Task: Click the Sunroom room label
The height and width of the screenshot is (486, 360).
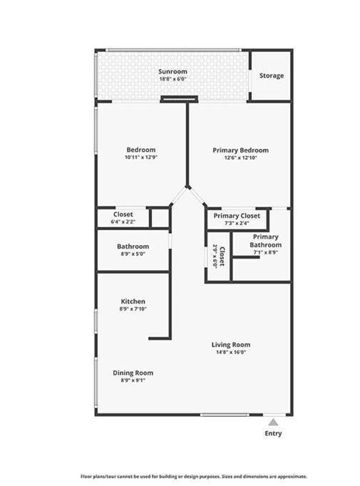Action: pos(172,72)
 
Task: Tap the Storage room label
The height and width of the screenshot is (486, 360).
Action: pos(271,76)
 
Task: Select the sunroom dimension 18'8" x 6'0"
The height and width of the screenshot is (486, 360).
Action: pos(172,79)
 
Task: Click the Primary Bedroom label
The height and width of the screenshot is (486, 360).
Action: pos(241,150)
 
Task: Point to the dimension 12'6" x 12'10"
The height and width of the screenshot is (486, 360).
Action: pos(241,158)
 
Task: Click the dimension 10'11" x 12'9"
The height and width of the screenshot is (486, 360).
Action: pos(140,157)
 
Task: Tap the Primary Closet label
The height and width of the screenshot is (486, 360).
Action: pos(237,216)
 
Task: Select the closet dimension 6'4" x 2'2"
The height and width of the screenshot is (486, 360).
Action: pos(124,222)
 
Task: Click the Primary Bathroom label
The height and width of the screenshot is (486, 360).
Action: pos(265,241)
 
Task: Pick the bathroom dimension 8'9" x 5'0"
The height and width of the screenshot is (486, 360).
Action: pos(133,254)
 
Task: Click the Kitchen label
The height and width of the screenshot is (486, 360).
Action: pos(133,301)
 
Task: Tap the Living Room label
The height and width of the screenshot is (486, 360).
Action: pos(230,345)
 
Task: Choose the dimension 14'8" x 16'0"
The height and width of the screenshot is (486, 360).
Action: pos(230,353)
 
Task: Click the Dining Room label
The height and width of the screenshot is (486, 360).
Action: pos(133,373)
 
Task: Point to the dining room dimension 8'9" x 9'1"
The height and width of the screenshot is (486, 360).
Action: pos(133,381)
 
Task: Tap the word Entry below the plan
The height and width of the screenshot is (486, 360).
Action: pos(273,433)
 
